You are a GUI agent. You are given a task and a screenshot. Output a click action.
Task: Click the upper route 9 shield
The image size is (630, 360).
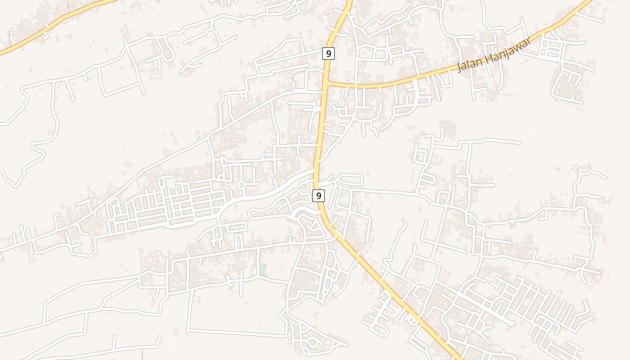(x=328, y=54)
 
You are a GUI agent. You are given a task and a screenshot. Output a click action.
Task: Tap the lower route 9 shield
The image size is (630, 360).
(x=319, y=195)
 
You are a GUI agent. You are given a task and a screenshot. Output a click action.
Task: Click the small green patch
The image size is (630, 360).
(x=263, y=270)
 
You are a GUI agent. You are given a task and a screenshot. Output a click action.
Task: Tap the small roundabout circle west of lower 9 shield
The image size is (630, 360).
(x=241, y=185)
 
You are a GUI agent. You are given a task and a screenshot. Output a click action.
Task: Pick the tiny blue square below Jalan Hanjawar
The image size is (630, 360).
(x=441, y=99)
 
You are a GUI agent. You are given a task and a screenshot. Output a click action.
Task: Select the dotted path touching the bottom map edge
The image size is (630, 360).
(x=142, y=355)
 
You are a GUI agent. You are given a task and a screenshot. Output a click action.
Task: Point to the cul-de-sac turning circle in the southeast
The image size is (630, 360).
(x=512, y=323)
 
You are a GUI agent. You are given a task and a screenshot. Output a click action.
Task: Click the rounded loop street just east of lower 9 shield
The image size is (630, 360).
(x=349, y=179)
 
